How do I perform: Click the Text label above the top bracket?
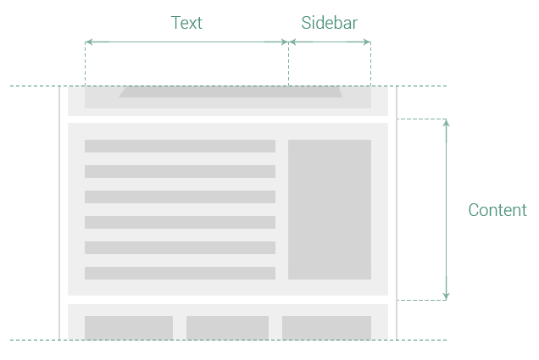pos(186,23)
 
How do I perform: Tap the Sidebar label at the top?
pos(329,23)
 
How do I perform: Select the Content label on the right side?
pos(497,210)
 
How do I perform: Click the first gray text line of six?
pos(180,146)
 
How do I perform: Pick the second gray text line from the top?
pos(180,171)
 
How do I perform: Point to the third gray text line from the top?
pos(180,197)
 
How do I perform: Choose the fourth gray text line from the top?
pos(180,222)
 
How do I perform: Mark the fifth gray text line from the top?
pos(180,247)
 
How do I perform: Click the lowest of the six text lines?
pos(180,273)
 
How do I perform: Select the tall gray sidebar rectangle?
pos(330,209)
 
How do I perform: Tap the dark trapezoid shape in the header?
pos(231,91)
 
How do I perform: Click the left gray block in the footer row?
pos(129,327)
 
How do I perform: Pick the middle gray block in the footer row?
pos(227,327)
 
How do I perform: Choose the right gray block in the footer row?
pos(326,327)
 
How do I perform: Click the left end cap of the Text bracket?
pos(97,42)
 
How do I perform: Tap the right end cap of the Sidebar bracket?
pos(358,42)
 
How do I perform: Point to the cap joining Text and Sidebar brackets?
pos(288,42)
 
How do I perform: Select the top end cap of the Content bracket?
pos(446,130)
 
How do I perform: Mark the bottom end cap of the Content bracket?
pos(446,288)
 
